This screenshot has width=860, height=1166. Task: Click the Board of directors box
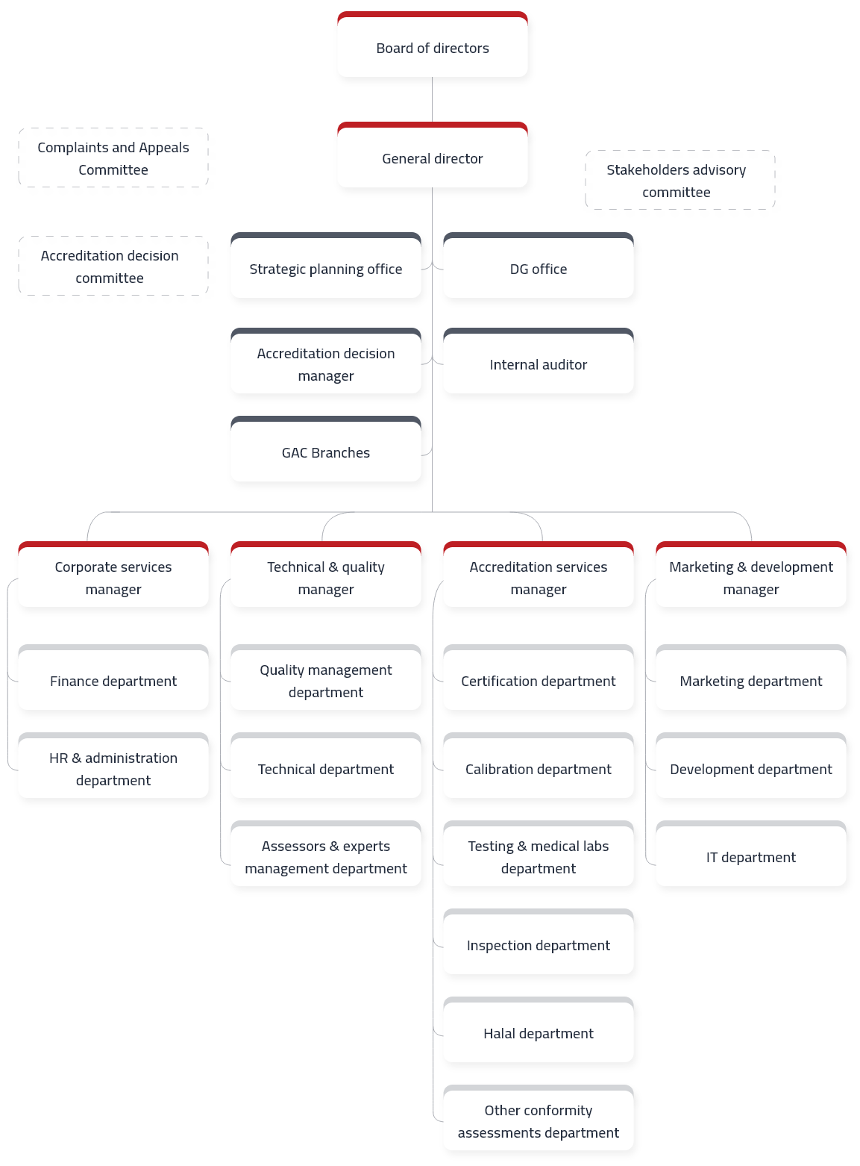432,44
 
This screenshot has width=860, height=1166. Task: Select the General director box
432,155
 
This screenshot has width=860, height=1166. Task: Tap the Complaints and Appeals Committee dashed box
113,158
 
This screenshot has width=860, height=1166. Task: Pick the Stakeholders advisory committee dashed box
679,180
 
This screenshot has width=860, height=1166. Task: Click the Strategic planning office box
326,265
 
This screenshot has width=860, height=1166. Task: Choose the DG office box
538,265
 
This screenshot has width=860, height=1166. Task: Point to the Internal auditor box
538,361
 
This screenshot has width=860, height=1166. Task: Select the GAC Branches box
326,449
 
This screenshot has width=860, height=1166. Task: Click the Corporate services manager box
113,573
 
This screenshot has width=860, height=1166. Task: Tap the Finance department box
113,677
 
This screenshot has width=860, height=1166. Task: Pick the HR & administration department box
113,765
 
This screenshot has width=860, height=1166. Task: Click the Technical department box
326,765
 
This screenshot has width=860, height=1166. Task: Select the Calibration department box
538,765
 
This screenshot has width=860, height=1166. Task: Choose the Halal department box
538,1029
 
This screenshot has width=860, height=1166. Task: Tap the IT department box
750,853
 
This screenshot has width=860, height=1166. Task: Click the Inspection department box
538,941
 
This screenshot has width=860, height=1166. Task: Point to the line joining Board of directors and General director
432,99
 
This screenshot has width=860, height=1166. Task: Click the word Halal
499,1034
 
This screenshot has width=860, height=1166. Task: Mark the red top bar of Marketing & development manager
750,544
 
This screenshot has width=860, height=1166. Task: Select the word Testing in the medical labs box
491,847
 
